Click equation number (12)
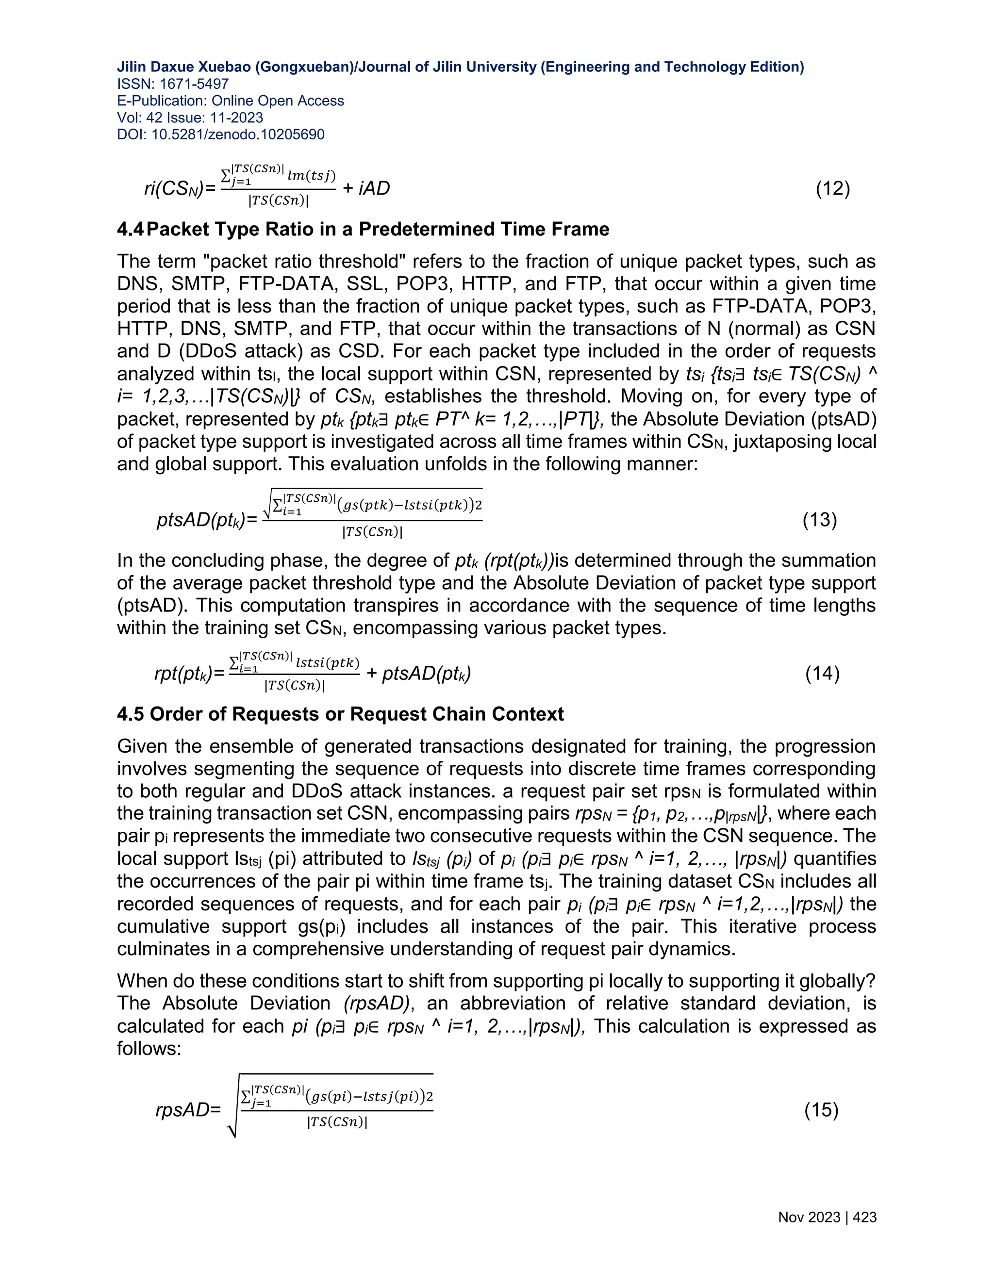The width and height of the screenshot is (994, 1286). pyautogui.click(x=833, y=188)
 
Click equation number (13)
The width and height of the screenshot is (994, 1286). pyautogui.click(x=820, y=520)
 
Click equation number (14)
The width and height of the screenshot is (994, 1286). pyautogui.click(x=822, y=673)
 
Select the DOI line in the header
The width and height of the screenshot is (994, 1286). pyautogui.click(x=221, y=135)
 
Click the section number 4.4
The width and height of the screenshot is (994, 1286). pyautogui.click(x=130, y=229)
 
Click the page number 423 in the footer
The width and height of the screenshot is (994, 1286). pyautogui.click(x=864, y=1218)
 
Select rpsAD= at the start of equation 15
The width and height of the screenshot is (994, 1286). pyautogui.click(x=188, y=1110)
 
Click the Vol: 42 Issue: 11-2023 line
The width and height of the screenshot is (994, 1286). pyautogui.click(x=190, y=118)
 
